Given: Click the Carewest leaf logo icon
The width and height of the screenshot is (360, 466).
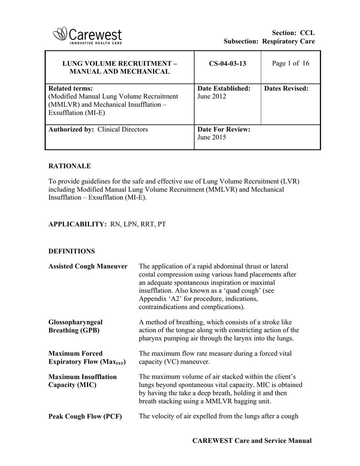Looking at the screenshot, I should click(60, 33).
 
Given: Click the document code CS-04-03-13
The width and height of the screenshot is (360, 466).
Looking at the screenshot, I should click(228, 63).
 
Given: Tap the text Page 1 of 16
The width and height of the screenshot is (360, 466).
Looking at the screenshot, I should click(290, 63).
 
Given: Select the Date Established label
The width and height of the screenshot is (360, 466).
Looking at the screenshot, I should click(223, 88).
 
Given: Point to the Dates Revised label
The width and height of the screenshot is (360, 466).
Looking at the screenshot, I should click(286, 88).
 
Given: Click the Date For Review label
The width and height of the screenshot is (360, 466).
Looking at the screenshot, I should click(223, 129).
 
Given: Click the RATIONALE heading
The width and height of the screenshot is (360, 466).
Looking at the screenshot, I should click(70, 166).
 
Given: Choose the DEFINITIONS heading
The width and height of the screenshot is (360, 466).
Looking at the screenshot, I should click(71, 251).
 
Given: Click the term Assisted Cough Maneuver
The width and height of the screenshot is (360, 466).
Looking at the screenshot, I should click(88, 266).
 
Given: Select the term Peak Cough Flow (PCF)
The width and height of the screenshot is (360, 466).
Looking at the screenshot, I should click(85, 416).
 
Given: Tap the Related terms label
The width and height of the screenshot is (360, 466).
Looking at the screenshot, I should click(70, 88).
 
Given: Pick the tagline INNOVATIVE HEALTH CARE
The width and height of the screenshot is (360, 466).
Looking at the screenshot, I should click(96, 43).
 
